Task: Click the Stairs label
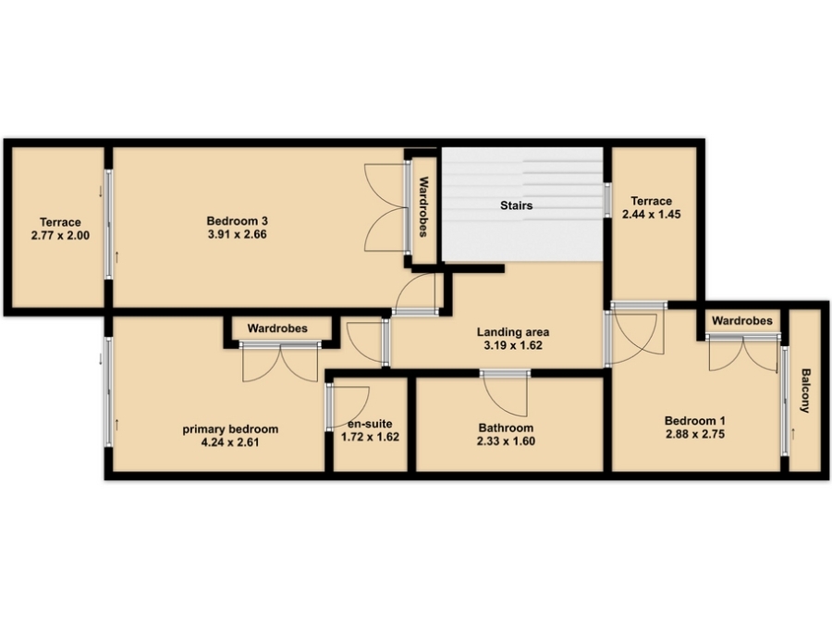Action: tap(516, 205)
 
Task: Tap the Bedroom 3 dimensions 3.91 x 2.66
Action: tap(238, 234)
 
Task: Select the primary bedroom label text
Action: tap(230, 428)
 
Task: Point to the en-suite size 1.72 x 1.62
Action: tap(370, 438)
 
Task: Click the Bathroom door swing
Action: tap(505, 394)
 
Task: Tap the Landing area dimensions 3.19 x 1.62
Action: tap(513, 345)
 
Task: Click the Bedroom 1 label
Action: tap(695, 421)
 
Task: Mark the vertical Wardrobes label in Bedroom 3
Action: tap(423, 206)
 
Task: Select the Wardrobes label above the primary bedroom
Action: tap(277, 329)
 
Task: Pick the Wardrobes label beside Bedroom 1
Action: tap(741, 320)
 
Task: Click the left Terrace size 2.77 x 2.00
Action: tap(60, 235)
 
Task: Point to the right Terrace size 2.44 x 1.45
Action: tap(651, 214)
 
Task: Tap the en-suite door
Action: tap(349, 407)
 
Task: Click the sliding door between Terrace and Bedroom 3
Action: tap(109, 224)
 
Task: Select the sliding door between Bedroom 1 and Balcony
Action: tap(785, 401)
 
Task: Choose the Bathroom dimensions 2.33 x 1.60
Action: tap(506, 441)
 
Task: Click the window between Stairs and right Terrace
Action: tap(607, 200)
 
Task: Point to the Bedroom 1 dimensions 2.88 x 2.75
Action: tap(695, 434)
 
